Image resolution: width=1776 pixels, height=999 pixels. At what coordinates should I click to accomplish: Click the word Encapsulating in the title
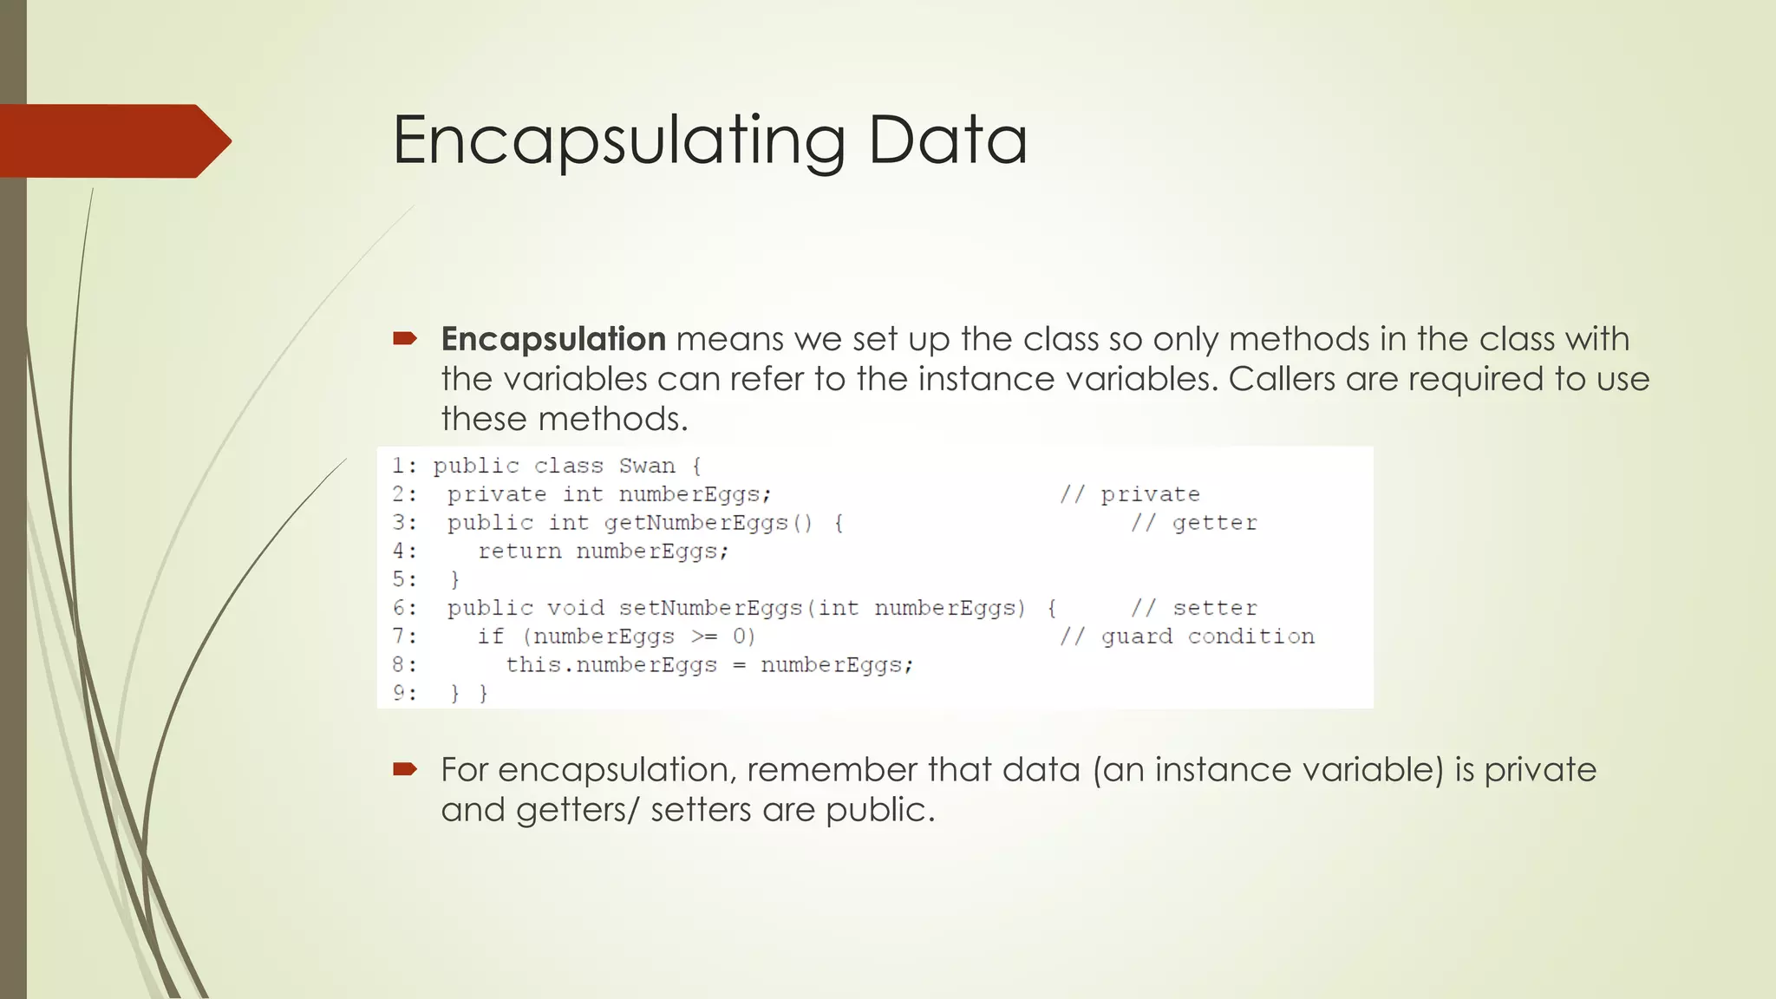pyautogui.click(x=618, y=141)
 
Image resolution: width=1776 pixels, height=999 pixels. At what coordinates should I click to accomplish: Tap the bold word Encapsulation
pyautogui.click(x=553, y=339)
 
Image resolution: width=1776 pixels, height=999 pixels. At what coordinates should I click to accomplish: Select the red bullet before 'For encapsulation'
pyautogui.click(x=405, y=768)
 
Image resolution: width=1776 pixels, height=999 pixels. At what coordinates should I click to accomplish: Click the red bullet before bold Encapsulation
pyautogui.click(x=405, y=338)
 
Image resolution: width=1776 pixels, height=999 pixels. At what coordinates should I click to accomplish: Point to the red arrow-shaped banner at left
pyautogui.click(x=113, y=141)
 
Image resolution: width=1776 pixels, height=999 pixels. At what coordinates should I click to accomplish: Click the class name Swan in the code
pyautogui.click(x=646, y=466)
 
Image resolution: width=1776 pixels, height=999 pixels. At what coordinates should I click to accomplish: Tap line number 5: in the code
pyautogui.click(x=404, y=579)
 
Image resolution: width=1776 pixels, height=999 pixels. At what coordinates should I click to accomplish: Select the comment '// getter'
pyautogui.click(x=1193, y=523)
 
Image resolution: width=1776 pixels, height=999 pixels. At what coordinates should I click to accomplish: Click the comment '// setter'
pyautogui.click(x=1193, y=608)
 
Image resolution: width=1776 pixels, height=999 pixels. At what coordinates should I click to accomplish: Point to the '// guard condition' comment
pyautogui.click(x=1186, y=637)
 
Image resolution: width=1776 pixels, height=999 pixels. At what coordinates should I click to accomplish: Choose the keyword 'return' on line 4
pyautogui.click(x=519, y=552)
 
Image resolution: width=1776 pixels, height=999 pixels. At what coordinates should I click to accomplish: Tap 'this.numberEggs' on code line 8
pyautogui.click(x=611, y=665)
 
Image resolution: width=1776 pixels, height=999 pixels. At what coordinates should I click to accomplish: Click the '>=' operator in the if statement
pyautogui.click(x=704, y=637)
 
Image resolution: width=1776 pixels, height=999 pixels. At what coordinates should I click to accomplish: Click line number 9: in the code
pyautogui.click(x=404, y=693)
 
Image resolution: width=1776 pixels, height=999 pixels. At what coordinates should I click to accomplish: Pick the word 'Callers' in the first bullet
pyautogui.click(x=1282, y=379)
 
